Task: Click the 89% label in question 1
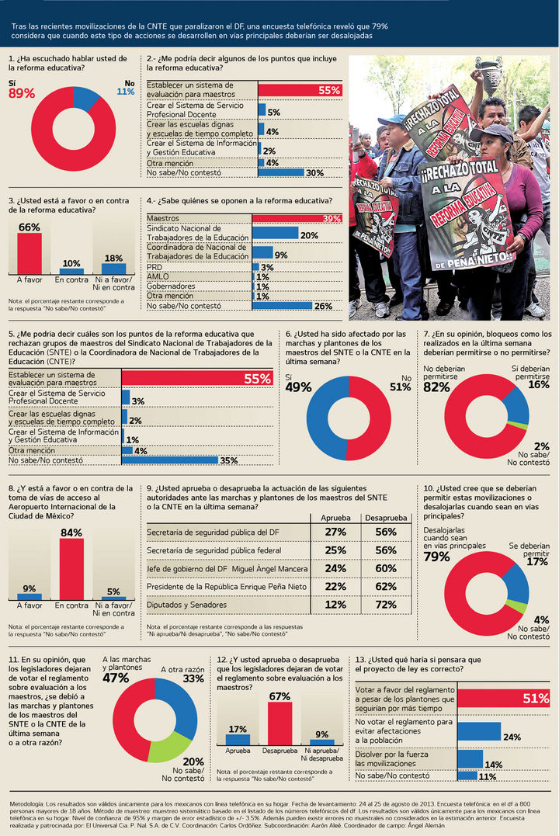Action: tap(22, 93)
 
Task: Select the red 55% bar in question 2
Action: tap(300, 90)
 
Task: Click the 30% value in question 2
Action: tap(314, 173)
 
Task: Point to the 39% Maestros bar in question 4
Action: tap(297, 219)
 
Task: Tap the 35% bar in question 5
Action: tap(170, 460)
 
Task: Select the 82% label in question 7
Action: tap(437, 387)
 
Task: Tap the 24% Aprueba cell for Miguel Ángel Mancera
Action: tap(335, 568)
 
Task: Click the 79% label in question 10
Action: tap(437, 557)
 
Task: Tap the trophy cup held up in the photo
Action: tap(490, 75)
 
